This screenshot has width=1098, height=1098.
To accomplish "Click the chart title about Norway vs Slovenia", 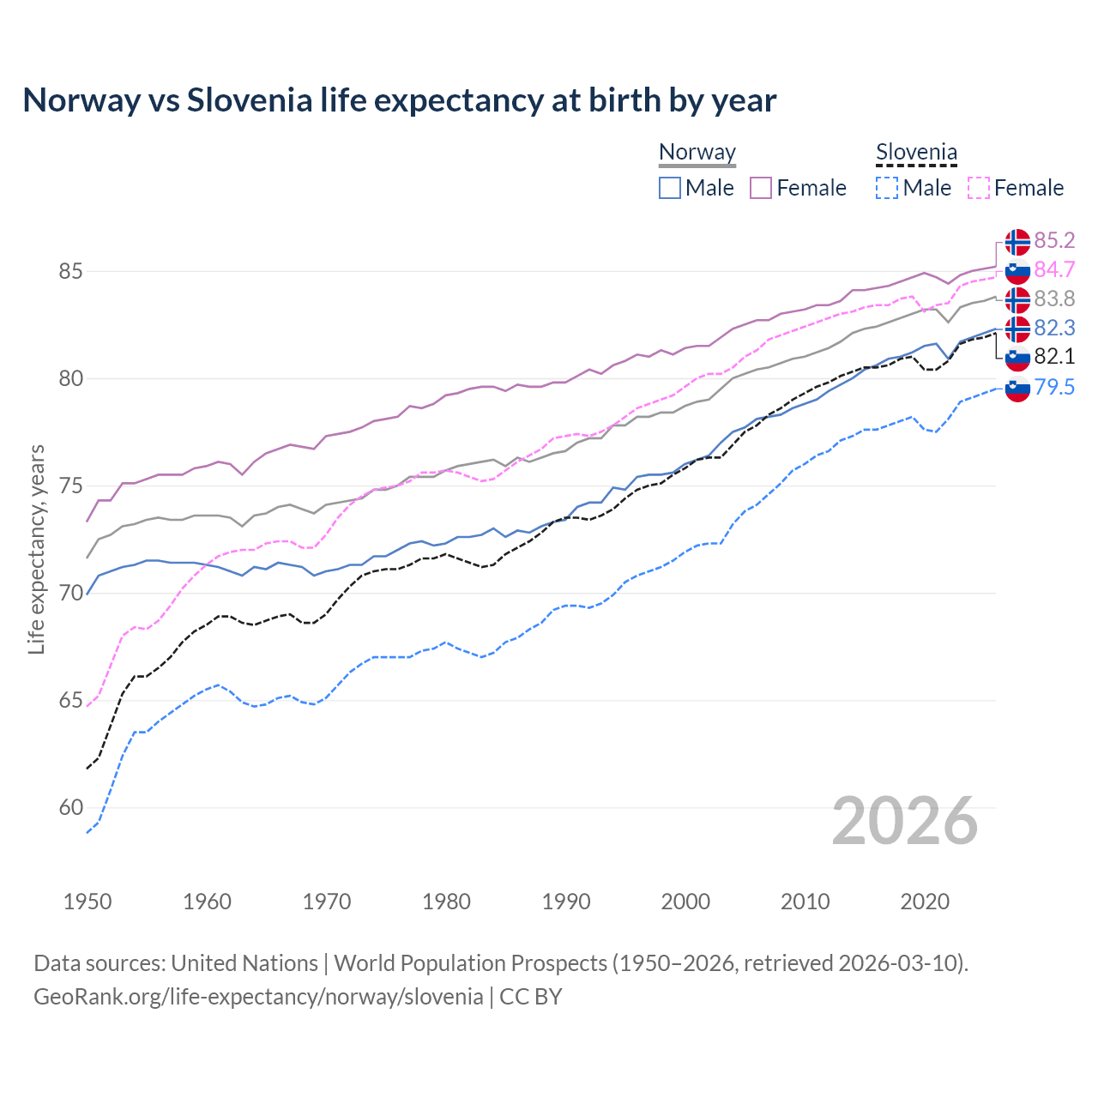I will pos(399,100).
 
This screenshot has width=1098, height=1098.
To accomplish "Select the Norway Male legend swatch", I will pos(670,188).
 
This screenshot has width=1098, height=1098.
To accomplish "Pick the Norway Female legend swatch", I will pos(761,188).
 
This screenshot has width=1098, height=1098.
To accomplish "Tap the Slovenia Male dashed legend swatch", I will pos(887,188).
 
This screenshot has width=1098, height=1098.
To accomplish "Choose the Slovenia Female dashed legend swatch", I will pos(979,188).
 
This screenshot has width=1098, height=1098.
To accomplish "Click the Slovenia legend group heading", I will pos(916,153).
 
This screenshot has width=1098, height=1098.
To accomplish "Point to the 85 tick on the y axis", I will pos(70,272).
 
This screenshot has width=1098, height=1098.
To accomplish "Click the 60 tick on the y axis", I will pos(70,808).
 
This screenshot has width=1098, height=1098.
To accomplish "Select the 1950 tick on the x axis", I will pos(87,902).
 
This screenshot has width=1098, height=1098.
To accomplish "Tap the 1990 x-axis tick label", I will pos(566,902).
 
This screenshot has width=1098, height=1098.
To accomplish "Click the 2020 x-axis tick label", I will pos(925,902).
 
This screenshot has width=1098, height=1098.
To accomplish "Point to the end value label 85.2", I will pos(1054,240).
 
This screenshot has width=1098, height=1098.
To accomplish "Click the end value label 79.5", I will pos(1054,387).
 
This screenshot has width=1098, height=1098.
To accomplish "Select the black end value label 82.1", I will pos(1054,357).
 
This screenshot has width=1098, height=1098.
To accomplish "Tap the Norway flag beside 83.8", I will pos(1017,299).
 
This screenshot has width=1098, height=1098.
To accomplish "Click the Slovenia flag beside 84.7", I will pos(1017,270).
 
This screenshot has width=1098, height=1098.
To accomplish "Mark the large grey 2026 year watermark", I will pos(905,821).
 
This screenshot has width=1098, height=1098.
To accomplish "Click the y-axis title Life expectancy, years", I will pos(37,549).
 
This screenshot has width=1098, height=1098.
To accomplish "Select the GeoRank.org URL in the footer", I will pos(258,997).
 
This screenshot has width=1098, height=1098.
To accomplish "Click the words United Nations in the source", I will pos(244,963).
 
